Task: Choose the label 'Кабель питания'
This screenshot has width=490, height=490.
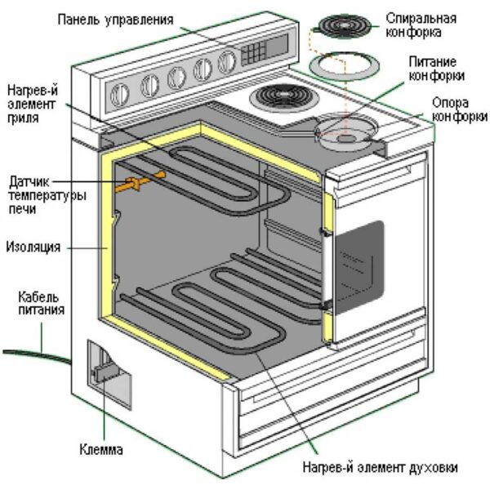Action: [x=41, y=303]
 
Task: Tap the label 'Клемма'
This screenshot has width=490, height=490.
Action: [x=101, y=449]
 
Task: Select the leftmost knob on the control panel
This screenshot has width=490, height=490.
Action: [x=149, y=84]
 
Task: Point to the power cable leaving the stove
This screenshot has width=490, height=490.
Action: [x=33, y=352]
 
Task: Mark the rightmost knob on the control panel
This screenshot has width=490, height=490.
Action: [x=226, y=64]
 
